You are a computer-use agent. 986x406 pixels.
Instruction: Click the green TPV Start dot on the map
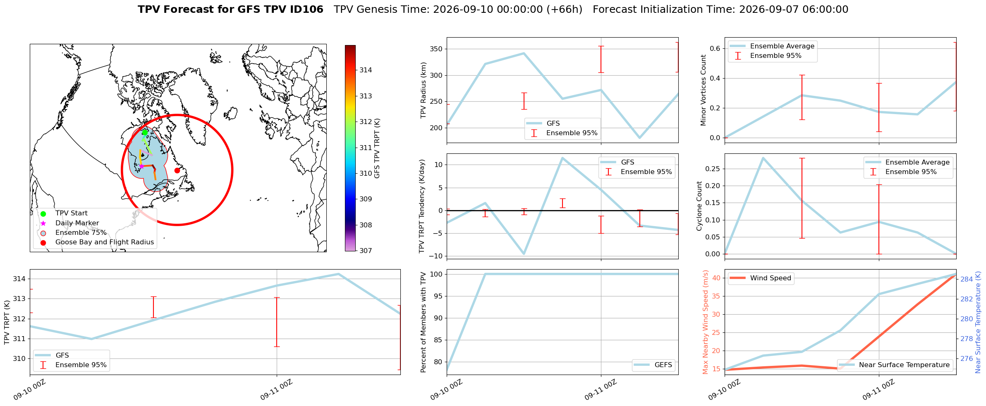(x=145, y=133)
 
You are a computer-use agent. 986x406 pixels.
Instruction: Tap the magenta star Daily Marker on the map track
(x=141, y=166)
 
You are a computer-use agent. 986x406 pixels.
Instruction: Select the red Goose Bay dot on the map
(x=177, y=170)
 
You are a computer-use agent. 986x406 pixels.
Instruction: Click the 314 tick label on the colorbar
(x=366, y=70)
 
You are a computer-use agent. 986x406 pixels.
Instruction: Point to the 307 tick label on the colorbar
(x=366, y=251)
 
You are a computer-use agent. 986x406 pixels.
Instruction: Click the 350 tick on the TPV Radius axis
(x=436, y=49)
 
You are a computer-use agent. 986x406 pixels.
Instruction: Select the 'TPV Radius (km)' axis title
(x=423, y=90)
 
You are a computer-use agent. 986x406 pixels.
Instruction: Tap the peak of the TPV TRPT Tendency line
(x=562, y=158)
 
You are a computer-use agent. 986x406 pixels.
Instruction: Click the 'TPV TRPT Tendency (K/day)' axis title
(x=422, y=206)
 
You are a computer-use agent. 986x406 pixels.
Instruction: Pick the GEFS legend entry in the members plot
(x=653, y=365)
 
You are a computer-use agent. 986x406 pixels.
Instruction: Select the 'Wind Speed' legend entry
(x=760, y=278)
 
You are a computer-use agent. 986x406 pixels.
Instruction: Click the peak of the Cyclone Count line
(x=763, y=158)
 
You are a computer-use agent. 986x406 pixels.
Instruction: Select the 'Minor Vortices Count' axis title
(x=704, y=90)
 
